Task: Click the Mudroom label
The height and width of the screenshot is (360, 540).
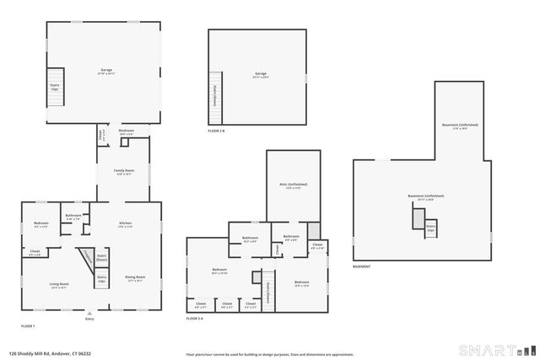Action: tap(127, 132)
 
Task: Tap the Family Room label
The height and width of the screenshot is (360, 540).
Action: tap(125, 174)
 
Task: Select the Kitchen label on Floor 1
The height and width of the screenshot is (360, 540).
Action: tap(125, 224)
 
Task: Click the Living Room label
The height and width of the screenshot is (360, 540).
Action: tap(58, 286)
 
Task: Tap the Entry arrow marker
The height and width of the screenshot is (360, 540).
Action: tap(90, 313)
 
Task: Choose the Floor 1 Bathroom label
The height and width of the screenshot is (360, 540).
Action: tap(73, 217)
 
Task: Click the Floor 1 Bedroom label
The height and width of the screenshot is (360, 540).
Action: tap(40, 224)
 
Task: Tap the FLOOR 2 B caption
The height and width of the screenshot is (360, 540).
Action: tap(216, 131)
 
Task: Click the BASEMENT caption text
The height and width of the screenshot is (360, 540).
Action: tap(362, 266)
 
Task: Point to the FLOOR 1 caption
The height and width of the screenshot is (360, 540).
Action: tap(29, 325)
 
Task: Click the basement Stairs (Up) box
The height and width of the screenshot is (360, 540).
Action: tap(430, 228)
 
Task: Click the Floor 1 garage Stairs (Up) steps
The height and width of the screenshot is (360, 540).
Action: tap(55, 87)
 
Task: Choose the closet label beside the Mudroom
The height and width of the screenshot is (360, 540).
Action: tap(100, 133)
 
